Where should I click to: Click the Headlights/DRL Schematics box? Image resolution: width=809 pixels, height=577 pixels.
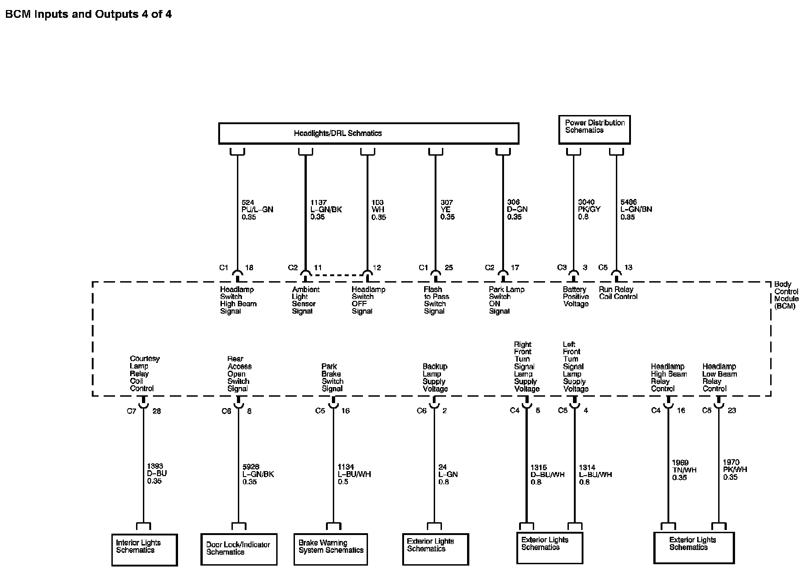368,133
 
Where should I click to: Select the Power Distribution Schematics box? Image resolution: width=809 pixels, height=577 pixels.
594,130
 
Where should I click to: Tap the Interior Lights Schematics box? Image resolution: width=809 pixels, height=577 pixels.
144,550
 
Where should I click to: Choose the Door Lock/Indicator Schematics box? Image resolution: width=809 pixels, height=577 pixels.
239,549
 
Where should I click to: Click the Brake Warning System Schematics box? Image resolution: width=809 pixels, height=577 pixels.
331,549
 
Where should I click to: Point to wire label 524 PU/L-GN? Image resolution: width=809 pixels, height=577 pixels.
257,210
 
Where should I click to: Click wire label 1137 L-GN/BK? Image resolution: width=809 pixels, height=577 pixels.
326,210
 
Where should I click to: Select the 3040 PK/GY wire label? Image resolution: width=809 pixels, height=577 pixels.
589,209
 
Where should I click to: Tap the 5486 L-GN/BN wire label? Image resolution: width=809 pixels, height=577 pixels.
636,209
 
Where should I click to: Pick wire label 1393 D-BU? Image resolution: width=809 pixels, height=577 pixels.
157,473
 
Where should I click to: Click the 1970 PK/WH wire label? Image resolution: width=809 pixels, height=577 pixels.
735,470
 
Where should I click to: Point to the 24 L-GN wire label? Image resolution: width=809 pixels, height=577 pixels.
447,474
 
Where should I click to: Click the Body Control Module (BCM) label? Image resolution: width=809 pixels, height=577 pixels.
786,295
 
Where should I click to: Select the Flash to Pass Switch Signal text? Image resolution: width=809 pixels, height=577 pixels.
436,300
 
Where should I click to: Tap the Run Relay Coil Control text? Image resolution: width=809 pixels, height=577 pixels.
618,293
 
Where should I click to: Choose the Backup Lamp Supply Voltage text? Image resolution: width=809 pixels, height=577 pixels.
435,378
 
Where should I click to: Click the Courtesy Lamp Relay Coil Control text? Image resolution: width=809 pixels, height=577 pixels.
145,373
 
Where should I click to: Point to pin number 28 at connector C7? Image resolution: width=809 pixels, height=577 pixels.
157,411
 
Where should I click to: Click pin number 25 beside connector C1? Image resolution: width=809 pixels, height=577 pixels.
449,268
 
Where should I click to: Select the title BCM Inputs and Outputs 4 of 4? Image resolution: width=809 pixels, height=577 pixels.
89,14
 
